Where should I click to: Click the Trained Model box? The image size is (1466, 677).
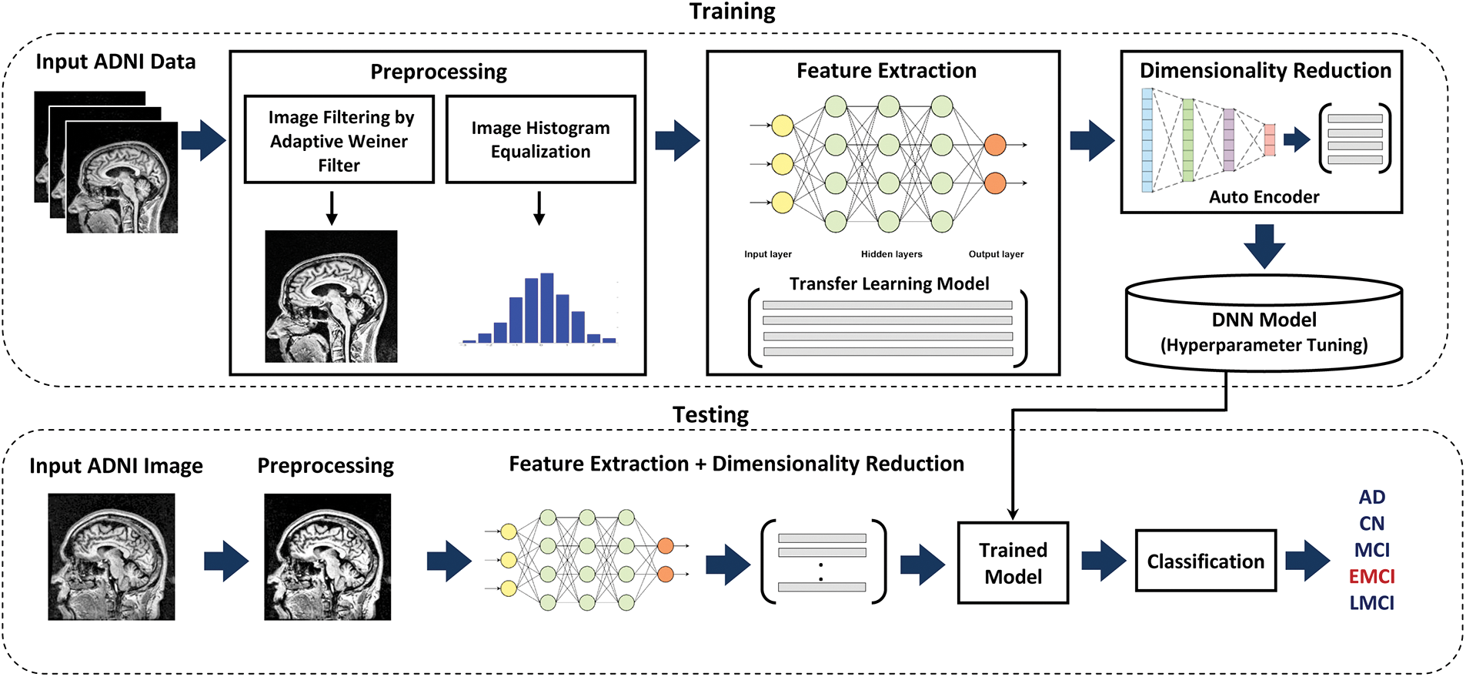click(1013, 563)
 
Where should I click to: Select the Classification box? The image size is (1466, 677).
click(1205, 561)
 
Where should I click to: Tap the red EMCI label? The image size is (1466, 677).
click(1371, 576)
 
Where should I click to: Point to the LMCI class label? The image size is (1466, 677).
click(1371, 603)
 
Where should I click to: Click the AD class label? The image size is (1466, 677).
click(1371, 497)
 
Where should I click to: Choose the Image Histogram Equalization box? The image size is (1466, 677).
click(540, 139)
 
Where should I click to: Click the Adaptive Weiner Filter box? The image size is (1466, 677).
click(339, 140)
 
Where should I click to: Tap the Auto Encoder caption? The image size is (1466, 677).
click(1264, 197)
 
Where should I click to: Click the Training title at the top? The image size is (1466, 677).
click(732, 12)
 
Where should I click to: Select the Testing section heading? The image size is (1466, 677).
click(710, 415)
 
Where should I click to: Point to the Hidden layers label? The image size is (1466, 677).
click(891, 254)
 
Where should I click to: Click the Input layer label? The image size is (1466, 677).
click(767, 254)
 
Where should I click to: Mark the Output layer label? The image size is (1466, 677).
click(996, 254)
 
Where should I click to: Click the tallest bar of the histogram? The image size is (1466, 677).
click(547, 308)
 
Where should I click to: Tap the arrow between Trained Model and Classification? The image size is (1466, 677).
click(1103, 561)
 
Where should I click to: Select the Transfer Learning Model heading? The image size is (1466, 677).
click(889, 284)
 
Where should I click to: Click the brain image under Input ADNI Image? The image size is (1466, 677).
click(112, 557)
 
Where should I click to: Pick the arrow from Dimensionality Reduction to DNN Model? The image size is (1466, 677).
click(1264, 246)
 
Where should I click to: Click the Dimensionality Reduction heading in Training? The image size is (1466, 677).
click(1265, 71)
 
